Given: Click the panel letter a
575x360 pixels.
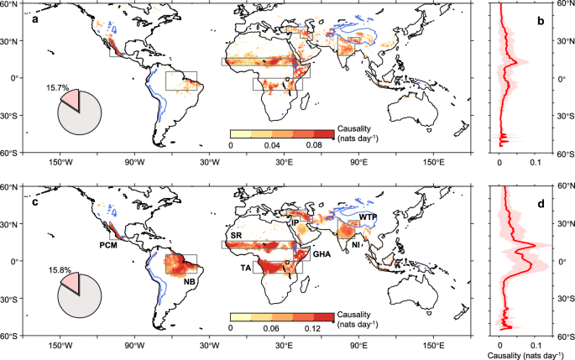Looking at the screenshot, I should (x=36, y=18).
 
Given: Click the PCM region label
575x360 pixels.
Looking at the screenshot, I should (x=110, y=246).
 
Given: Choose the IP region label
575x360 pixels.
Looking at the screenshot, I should (x=295, y=223).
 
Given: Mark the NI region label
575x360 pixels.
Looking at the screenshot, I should (x=357, y=246).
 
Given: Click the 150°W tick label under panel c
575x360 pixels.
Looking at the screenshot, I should (x=58, y=346).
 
